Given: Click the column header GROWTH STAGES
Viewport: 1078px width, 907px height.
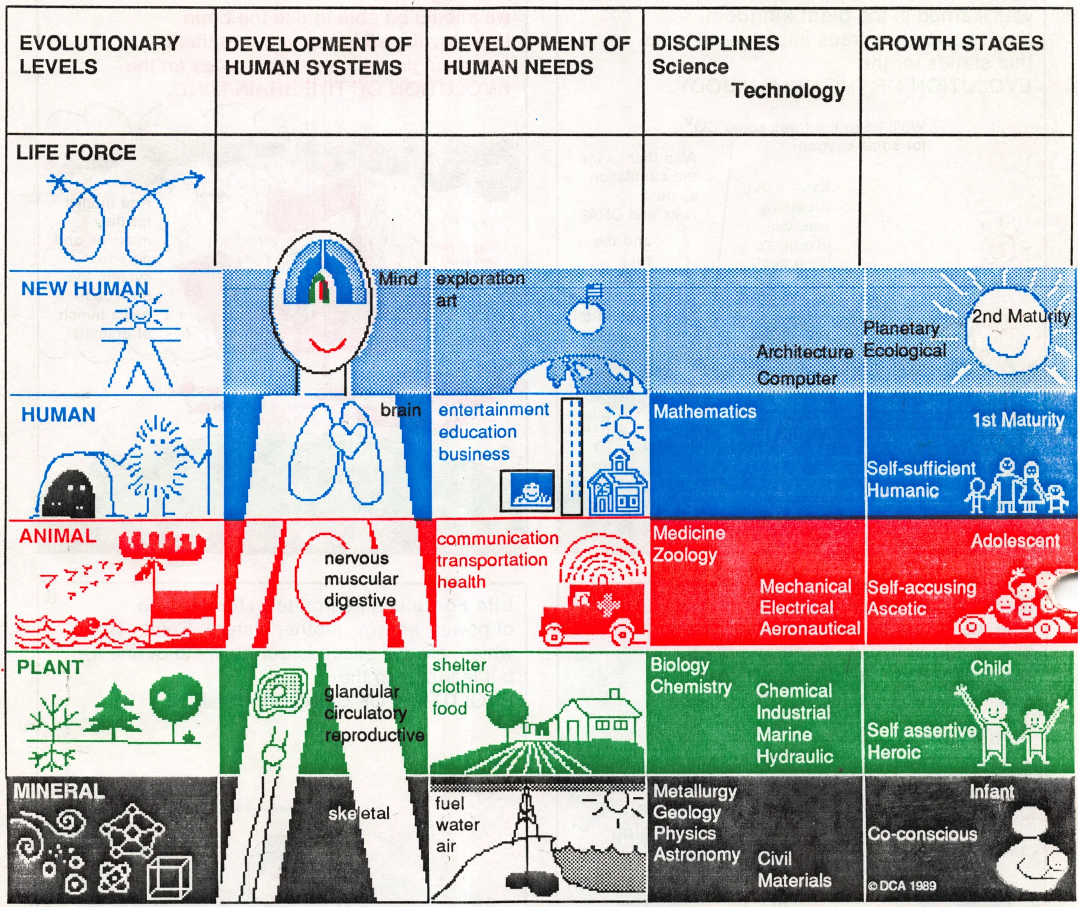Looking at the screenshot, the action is (x=953, y=43).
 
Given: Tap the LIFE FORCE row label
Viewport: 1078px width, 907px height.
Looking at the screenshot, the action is (x=76, y=152).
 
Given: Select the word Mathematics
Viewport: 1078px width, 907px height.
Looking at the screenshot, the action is (x=704, y=412).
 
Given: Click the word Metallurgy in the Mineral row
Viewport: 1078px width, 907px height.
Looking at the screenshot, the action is (x=695, y=791).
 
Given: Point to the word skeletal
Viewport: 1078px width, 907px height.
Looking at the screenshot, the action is (x=358, y=814).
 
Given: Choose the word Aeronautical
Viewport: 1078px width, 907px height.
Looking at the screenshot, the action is (x=809, y=629).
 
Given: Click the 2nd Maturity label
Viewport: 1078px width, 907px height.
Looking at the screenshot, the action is (x=1021, y=317).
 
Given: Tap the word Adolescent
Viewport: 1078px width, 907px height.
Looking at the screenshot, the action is (x=1015, y=541).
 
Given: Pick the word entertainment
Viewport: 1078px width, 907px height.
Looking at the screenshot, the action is (x=494, y=410).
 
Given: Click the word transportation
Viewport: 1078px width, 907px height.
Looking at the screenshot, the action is (x=492, y=560).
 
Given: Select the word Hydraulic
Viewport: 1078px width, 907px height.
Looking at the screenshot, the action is (x=795, y=756).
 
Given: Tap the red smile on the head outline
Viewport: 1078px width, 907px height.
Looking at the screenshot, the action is (x=328, y=344).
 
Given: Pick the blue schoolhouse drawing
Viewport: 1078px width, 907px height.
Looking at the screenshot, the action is (x=618, y=485).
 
